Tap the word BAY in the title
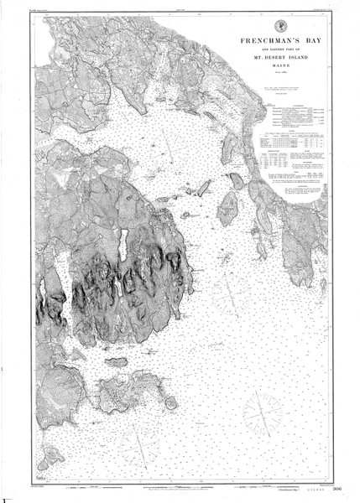click(x=314, y=39)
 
